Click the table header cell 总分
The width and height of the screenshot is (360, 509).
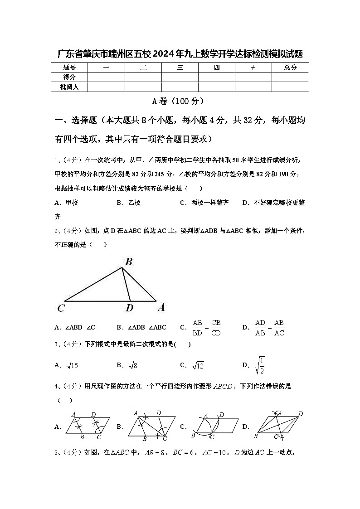pos(290,68)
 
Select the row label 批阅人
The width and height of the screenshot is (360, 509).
pos(69,87)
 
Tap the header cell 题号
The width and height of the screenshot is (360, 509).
pos(69,68)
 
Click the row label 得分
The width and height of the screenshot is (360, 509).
pos(69,77)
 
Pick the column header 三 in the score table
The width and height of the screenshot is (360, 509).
pos(180,68)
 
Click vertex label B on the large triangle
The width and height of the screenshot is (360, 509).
pos(129,262)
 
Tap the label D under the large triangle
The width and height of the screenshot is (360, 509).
pos(129,309)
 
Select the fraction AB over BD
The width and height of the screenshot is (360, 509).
pos(197,327)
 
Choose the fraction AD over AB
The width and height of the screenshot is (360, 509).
pos(260,327)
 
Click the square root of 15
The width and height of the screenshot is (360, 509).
pos(72,365)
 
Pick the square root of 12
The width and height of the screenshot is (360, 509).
pos(198,365)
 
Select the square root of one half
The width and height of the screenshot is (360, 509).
pos(260,365)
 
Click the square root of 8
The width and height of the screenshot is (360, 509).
pos(133,365)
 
